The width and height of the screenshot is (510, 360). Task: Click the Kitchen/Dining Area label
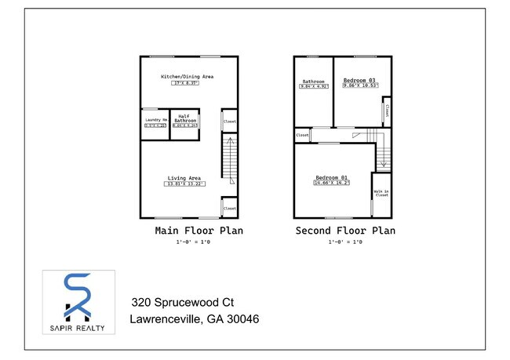pos(187,77)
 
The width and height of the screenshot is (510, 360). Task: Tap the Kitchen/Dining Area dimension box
pos(187,83)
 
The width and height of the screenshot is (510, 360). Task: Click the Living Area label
pos(184,177)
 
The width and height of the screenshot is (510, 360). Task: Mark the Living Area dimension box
pos(184,184)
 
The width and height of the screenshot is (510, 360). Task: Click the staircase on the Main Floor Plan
pos(228,157)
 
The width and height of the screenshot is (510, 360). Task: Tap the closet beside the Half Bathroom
pos(230,122)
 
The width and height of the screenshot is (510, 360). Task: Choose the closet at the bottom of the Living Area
pos(230,208)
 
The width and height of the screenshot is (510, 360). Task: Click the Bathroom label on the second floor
pos(312,81)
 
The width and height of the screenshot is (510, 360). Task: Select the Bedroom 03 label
pos(359,80)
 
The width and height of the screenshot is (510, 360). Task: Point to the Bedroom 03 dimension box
pos(359,86)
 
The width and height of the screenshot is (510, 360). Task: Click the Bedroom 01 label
pos(332,178)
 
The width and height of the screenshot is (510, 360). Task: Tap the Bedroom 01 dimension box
pos(332,184)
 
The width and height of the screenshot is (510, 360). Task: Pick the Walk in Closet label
pos(381,193)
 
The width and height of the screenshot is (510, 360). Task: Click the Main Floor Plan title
pos(199,231)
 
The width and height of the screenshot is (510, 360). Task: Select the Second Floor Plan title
pos(344,231)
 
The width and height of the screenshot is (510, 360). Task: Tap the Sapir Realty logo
pos(78,301)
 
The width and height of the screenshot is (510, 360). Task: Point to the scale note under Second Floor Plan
pos(344,242)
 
